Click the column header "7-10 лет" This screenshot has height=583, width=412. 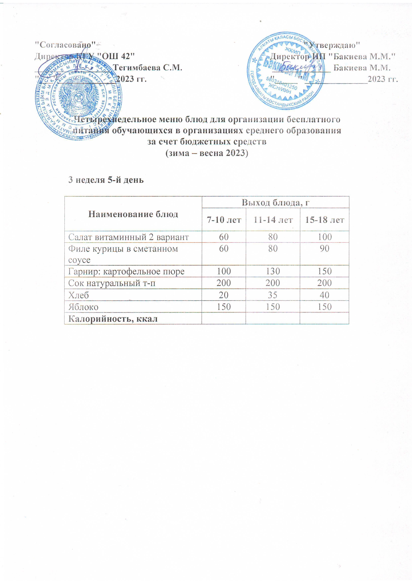tap(224, 220)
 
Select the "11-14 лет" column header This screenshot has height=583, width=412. tap(273, 220)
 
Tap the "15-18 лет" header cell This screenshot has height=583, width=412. tap(324, 220)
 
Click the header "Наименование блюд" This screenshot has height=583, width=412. tap(133, 214)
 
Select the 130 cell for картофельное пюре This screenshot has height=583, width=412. tap(273, 271)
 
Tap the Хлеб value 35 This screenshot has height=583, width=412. tap(273, 295)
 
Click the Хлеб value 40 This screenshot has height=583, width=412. tap(324, 295)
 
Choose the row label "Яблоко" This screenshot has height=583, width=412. tap(83, 307)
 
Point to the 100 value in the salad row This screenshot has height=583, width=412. tap(325, 237)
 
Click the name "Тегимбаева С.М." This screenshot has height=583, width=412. tap(148, 67)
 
